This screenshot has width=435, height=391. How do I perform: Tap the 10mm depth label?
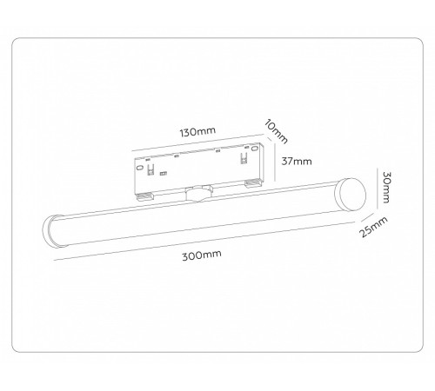tap(275, 131)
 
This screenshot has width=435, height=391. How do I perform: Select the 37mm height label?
tap(297, 162)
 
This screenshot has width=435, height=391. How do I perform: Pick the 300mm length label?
tap(202, 256)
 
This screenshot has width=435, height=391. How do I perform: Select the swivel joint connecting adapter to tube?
tap(197, 193)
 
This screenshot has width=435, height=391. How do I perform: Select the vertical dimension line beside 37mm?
tap(277, 162)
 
